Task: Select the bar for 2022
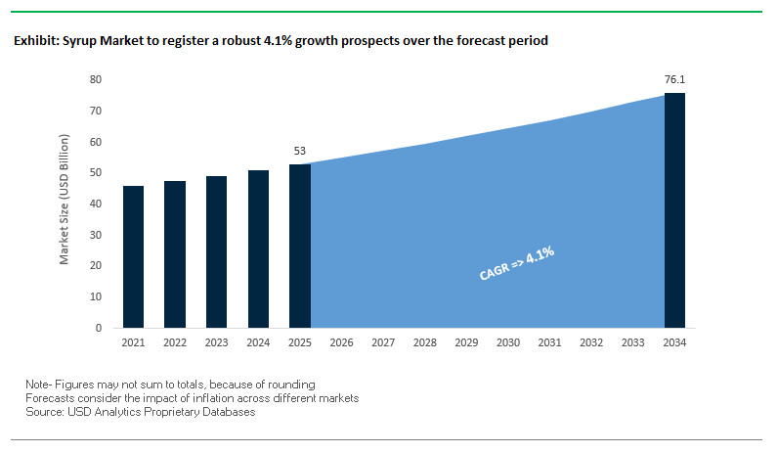(x=175, y=254)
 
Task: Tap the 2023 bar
(x=216, y=251)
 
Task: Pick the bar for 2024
(x=258, y=249)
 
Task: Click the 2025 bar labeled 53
(x=300, y=246)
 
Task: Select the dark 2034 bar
(x=674, y=210)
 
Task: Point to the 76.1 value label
(x=674, y=79)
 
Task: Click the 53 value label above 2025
(x=300, y=152)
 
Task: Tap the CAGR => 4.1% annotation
(x=517, y=263)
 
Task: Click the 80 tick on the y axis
(x=96, y=79)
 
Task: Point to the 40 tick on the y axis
(x=96, y=204)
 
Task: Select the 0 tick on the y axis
(x=99, y=328)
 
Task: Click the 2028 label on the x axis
(x=425, y=343)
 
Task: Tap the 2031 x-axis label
(x=549, y=343)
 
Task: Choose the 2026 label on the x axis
(x=341, y=343)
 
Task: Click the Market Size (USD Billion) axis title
(x=65, y=204)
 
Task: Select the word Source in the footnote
(x=45, y=412)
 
